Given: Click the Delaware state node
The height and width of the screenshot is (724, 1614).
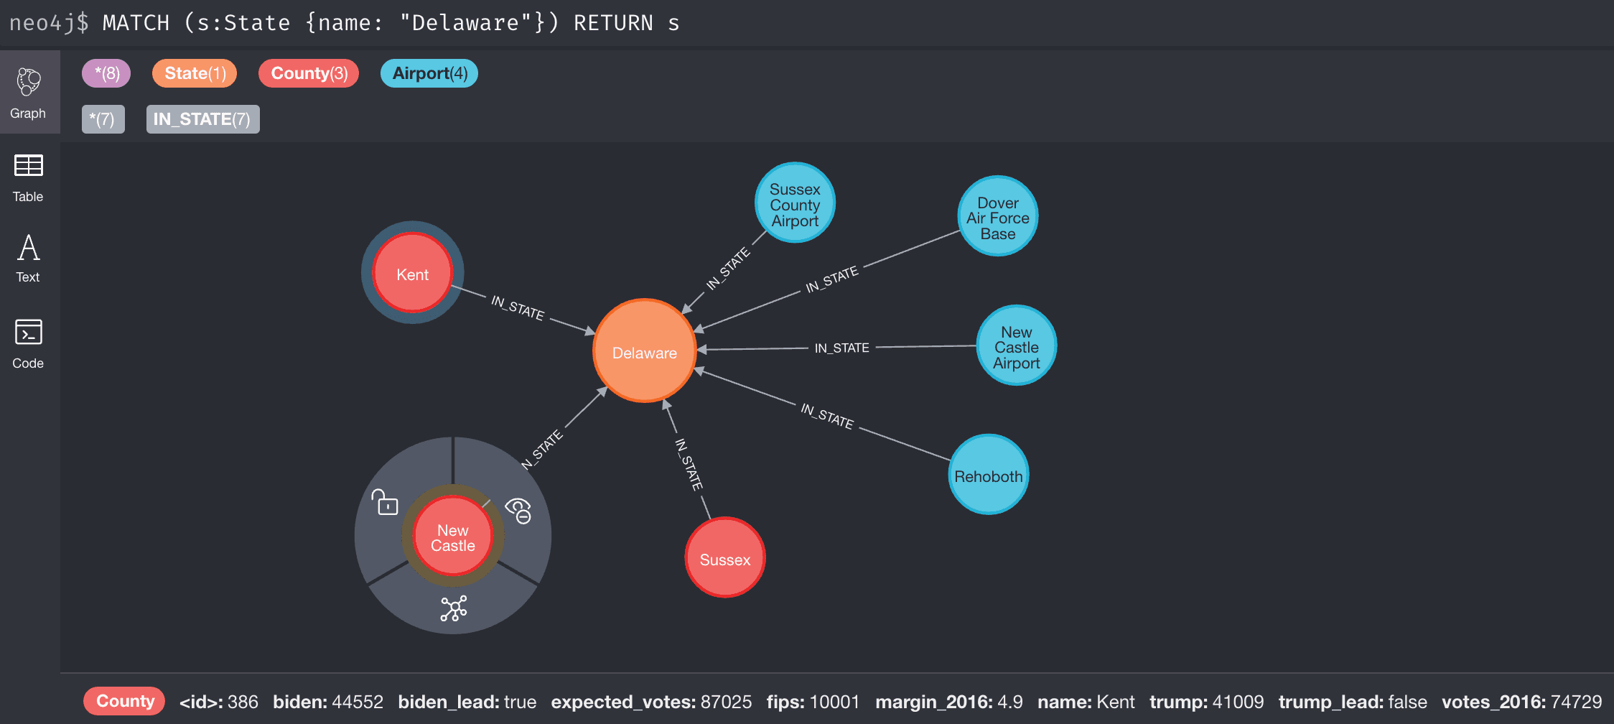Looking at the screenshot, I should (644, 351).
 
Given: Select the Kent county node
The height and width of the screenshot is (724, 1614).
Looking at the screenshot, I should (412, 273).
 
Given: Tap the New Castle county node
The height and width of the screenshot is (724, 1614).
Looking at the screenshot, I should (452, 537).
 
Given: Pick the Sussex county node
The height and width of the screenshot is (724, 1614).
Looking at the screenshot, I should (724, 558).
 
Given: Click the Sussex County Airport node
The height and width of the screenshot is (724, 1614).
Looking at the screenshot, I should (795, 203).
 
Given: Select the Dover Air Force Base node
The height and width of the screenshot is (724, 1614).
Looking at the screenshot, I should (997, 217).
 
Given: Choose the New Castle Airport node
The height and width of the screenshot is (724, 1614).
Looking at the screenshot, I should (1016, 346).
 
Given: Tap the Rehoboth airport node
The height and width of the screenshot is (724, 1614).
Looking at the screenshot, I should (988, 475).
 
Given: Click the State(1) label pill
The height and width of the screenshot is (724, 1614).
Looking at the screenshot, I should (195, 73).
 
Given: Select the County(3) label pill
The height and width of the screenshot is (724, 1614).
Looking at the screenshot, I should (309, 73).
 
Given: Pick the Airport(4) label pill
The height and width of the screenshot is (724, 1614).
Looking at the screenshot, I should (429, 73).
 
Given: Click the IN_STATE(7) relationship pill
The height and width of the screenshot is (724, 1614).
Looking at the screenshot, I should (202, 119).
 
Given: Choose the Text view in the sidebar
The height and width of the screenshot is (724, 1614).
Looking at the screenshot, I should (28, 259).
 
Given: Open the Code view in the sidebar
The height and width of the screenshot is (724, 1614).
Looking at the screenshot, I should (28, 343).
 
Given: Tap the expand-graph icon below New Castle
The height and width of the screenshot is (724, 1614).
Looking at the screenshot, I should (454, 608).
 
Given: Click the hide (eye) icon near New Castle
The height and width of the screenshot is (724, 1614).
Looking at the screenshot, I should (518, 510).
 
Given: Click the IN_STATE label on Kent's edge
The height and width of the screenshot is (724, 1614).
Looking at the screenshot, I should (517, 307).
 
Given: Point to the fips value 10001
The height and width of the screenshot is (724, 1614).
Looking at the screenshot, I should (834, 702).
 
